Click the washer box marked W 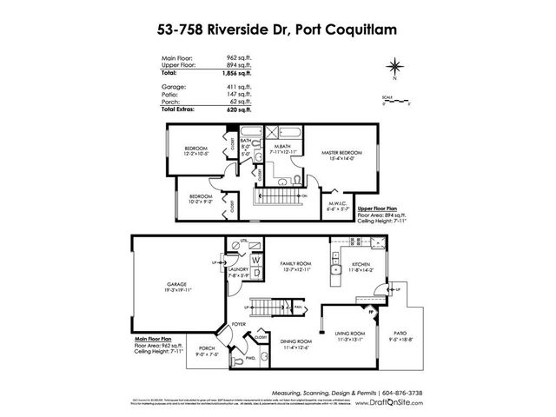pyautogui.click(x=256, y=259)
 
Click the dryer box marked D pyautogui.click(x=256, y=273)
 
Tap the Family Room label pyautogui.click(x=295, y=264)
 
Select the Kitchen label pyautogui.click(x=361, y=266)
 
